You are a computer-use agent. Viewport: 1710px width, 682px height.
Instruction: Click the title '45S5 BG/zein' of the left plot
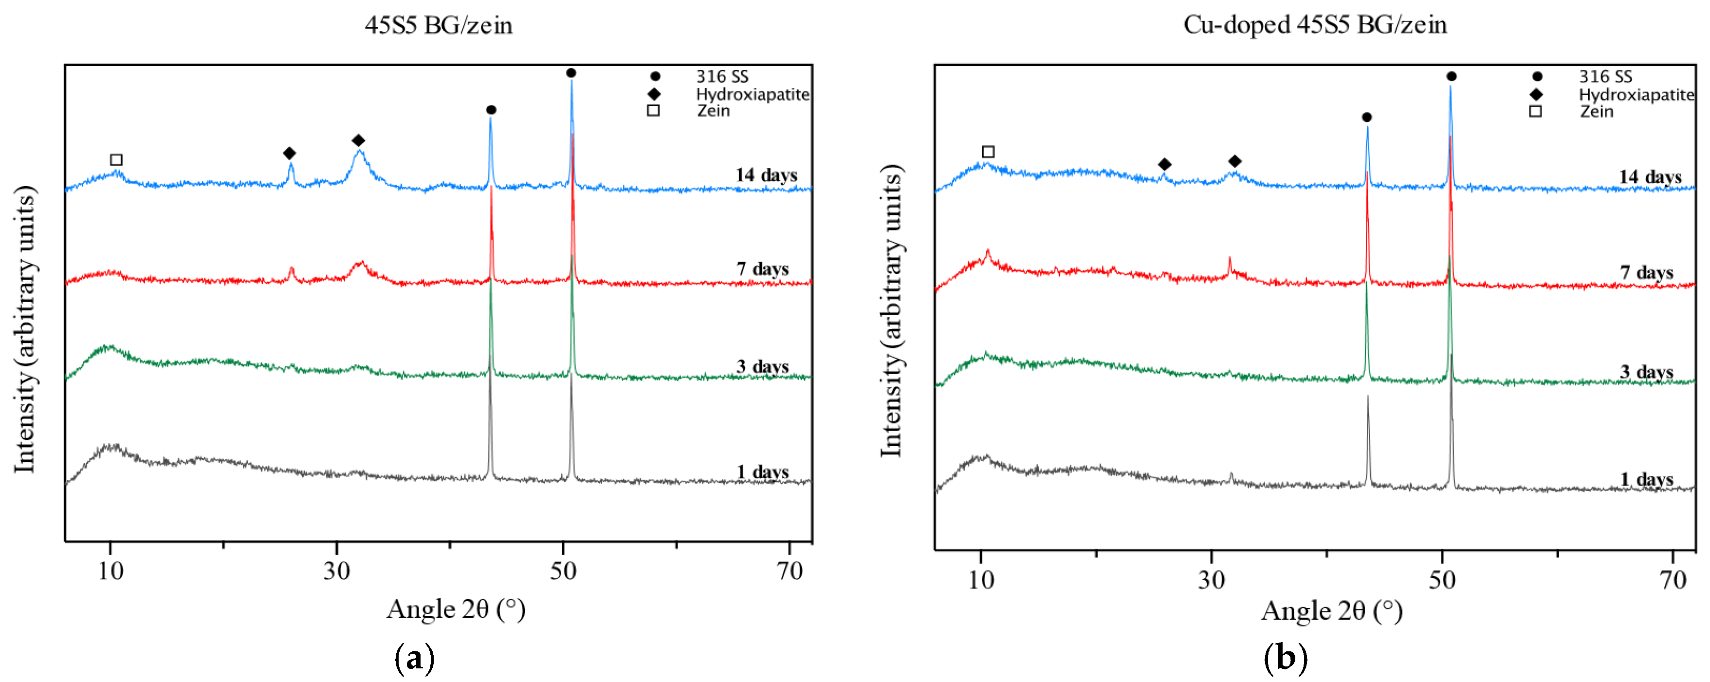[438, 25]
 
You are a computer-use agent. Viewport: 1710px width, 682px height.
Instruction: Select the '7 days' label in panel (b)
[1646, 272]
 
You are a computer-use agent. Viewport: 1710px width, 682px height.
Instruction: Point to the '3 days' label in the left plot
[762, 366]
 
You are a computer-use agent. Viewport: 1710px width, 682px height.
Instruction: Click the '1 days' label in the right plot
[1646, 479]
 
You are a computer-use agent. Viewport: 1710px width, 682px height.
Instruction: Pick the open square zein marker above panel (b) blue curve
[988, 152]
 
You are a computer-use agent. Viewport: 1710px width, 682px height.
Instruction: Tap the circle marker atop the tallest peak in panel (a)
[571, 73]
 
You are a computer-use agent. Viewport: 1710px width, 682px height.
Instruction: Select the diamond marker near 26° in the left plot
[290, 153]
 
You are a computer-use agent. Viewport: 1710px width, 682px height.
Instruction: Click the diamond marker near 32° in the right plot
[1235, 161]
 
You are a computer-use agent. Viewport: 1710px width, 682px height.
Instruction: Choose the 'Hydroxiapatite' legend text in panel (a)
[752, 95]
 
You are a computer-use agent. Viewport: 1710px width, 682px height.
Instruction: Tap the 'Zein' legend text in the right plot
[1596, 112]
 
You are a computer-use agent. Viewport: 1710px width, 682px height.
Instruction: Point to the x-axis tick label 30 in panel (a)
[336, 571]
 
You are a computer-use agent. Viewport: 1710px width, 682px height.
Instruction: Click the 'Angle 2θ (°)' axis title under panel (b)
[1332, 611]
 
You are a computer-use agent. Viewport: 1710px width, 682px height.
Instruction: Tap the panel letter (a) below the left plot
[414, 658]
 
